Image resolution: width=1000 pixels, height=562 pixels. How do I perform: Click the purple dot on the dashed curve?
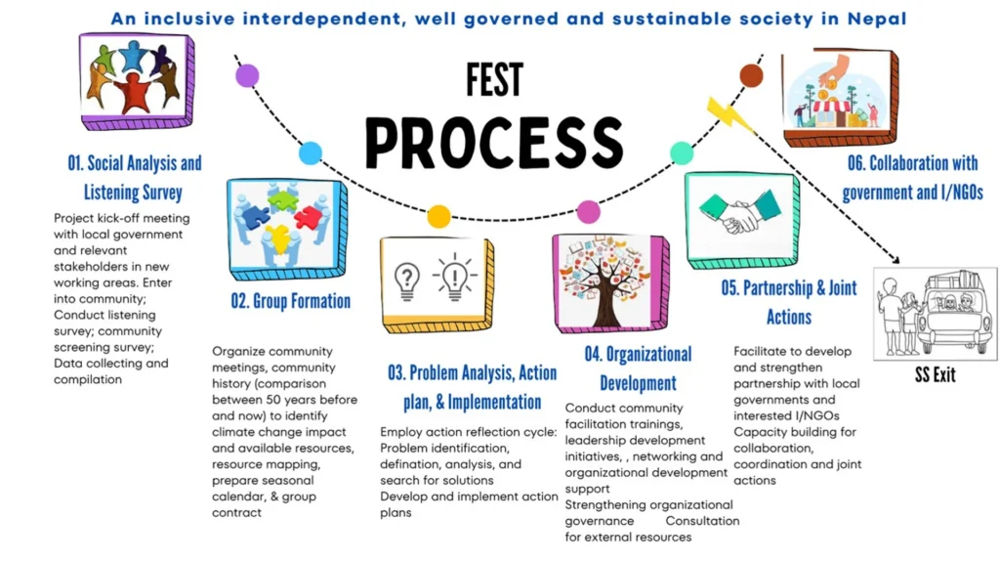(x=247, y=76)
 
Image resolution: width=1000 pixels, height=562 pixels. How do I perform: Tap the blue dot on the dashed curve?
(x=311, y=153)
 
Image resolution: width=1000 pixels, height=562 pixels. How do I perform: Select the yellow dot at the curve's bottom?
(x=438, y=217)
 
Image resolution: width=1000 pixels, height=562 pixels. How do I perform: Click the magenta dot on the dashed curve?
(x=588, y=212)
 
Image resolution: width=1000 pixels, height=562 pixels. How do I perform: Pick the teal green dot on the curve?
(x=682, y=153)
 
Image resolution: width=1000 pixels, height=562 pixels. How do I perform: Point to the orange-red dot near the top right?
(x=751, y=76)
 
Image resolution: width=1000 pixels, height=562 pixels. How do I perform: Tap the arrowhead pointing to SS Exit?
(x=896, y=260)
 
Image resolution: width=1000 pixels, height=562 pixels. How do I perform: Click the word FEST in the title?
(x=494, y=80)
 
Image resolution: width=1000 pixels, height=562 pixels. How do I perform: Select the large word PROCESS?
(x=494, y=143)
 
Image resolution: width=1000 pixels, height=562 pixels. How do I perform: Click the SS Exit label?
(x=935, y=375)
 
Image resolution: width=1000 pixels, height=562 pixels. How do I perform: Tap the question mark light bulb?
(x=407, y=281)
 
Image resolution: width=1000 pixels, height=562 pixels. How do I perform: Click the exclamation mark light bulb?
(x=454, y=278)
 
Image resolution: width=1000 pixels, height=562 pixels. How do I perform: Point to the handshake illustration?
(x=741, y=211)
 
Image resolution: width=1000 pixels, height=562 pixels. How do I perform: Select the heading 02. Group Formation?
(x=291, y=301)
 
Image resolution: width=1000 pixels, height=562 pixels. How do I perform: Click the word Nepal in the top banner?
(x=876, y=19)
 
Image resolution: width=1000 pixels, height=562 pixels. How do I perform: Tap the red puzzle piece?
(x=308, y=217)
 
